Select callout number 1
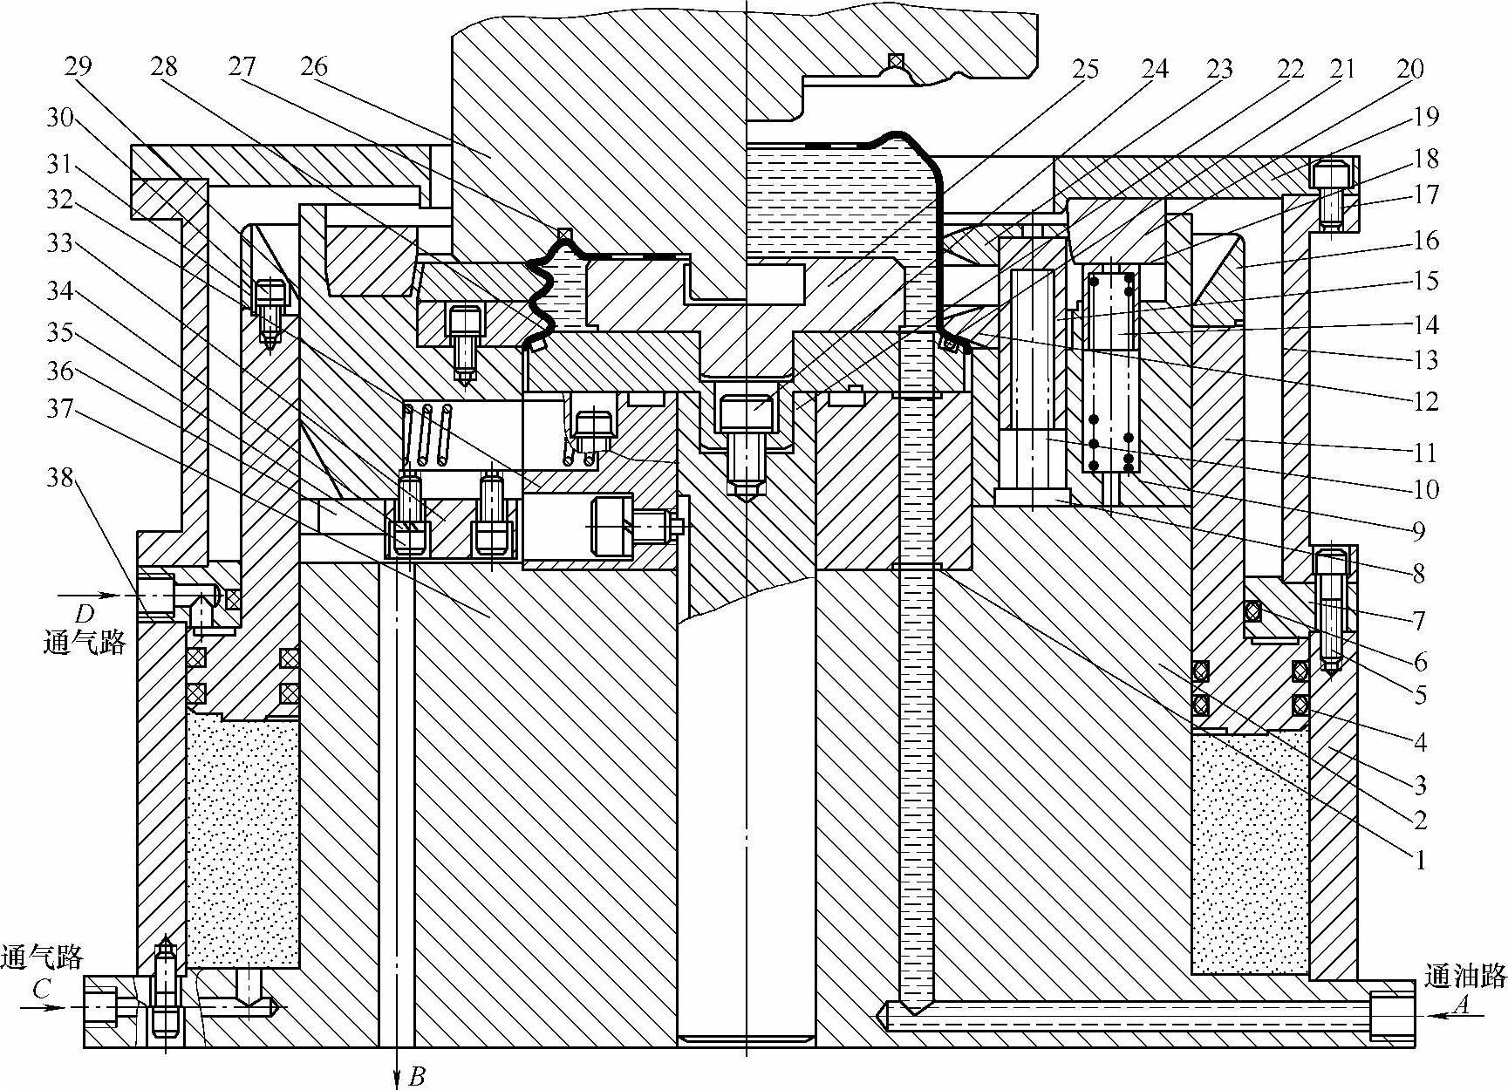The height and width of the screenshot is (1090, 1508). click(x=1419, y=860)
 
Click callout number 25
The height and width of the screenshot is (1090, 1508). click(x=1087, y=69)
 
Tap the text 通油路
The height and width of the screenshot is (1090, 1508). click(x=1465, y=975)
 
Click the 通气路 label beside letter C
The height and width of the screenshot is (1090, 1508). click(x=42, y=957)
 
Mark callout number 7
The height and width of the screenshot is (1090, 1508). click(x=1418, y=620)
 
